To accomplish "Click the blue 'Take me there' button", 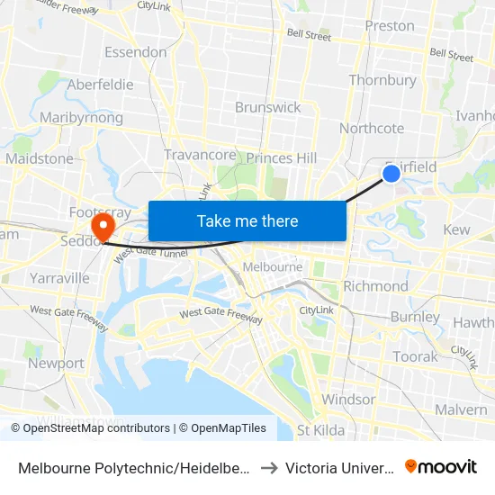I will [x=247, y=220].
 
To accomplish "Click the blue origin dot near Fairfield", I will [x=391, y=173].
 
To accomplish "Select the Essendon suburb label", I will [x=135, y=52].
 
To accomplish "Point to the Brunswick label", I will [x=267, y=107].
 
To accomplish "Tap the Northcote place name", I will [x=371, y=129].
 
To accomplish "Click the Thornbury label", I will [x=382, y=80].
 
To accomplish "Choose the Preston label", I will [x=390, y=26].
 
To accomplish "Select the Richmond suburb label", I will [x=375, y=286].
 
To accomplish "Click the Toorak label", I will [x=415, y=356].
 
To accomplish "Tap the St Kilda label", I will [x=320, y=430].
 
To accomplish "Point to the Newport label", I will [x=56, y=364].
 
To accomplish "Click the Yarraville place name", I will [x=59, y=278].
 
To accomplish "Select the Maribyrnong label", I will [x=81, y=118].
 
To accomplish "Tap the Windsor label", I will [x=348, y=400].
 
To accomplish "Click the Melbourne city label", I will [x=273, y=267].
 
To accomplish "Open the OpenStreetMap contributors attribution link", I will [x=93, y=428].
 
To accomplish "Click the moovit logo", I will [x=440, y=467].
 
